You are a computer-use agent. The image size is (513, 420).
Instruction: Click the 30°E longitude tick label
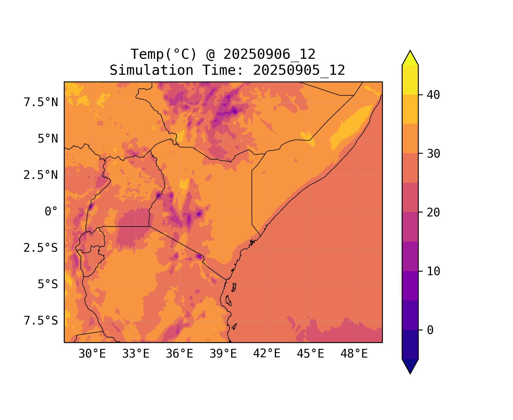click(92, 354)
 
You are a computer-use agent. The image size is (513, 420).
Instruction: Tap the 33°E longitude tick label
click(136, 354)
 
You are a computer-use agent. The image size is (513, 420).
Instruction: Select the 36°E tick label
click(179, 354)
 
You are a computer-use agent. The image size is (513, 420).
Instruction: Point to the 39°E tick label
click(223, 354)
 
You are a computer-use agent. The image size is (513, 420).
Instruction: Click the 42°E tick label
click(267, 354)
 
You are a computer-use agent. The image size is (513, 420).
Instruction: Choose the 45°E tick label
click(310, 354)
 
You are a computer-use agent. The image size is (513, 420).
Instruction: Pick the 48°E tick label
click(354, 354)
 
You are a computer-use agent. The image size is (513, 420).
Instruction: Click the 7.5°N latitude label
click(41, 102)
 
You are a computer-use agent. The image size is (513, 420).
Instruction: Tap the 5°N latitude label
click(48, 139)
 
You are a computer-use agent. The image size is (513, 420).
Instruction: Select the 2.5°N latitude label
click(41, 175)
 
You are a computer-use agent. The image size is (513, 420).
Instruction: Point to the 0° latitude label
click(51, 211)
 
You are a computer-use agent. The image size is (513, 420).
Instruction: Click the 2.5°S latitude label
click(41, 248)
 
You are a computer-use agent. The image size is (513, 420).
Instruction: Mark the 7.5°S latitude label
click(41, 321)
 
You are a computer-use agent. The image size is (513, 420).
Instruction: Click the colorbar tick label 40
click(433, 95)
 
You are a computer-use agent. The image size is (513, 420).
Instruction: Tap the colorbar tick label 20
click(433, 213)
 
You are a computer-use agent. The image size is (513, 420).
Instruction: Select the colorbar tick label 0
click(430, 330)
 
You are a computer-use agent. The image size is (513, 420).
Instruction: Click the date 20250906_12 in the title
click(269, 54)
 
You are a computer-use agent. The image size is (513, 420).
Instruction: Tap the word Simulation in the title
click(151, 70)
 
